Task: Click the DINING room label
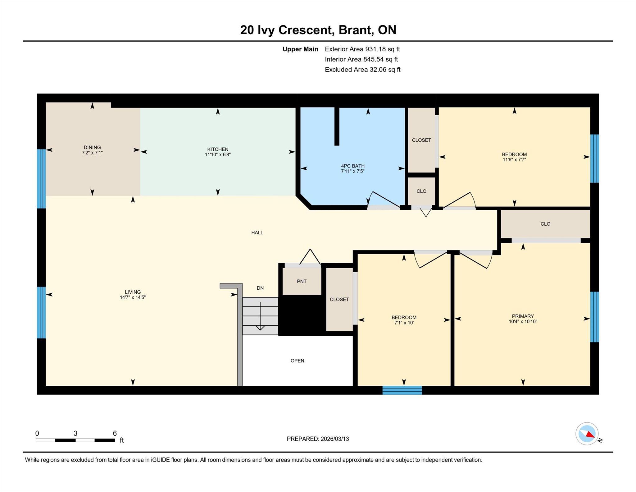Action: click(x=92, y=147)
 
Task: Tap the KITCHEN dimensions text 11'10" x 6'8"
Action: click(x=218, y=154)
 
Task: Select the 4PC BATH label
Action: click(x=352, y=166)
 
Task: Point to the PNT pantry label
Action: click(x=302, y=281)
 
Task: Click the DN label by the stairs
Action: click(x=260, y=288)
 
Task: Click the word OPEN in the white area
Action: click(x=297, y=361)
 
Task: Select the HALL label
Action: click(x=257, y=232)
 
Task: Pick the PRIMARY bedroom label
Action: click(x=523, y=316)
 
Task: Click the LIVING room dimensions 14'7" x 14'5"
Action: click(x=133, y=297)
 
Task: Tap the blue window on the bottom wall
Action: click(x=402, y=390)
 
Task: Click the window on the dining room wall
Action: click(x=41, y=179)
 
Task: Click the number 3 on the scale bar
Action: click(x=75, y=433)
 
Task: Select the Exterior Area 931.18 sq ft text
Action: click(x=362, y=49)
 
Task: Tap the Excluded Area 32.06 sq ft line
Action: click(x=363, y=70)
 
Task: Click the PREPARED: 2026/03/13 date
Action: click(x=318, y=439)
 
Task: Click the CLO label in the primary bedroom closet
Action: click(x=545, y=224)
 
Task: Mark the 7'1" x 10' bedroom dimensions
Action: click(x=404, y=323)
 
